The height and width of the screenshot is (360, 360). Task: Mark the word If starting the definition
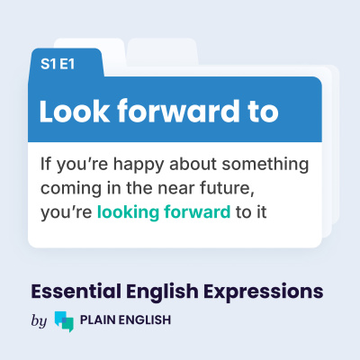tap(46, 167)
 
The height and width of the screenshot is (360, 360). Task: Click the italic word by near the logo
tap(38, 320)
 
